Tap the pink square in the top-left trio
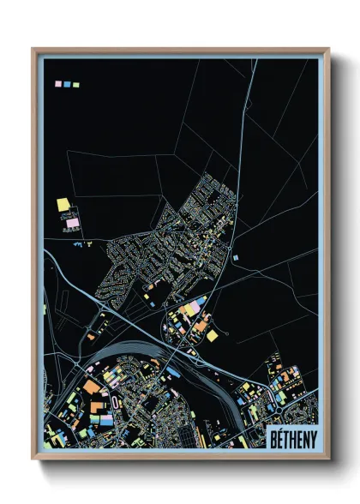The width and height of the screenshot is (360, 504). [59, 85]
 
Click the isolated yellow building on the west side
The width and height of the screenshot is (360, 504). [63, 205]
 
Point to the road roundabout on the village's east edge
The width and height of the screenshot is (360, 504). [233, 220]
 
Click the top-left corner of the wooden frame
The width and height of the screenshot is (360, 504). [33, 49]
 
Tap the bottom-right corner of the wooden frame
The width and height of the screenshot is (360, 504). [327, 459]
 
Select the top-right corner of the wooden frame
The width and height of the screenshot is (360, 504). [327, 49]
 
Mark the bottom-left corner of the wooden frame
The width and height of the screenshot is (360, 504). [33, 459]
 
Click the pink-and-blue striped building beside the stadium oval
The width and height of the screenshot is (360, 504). [105, 421]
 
